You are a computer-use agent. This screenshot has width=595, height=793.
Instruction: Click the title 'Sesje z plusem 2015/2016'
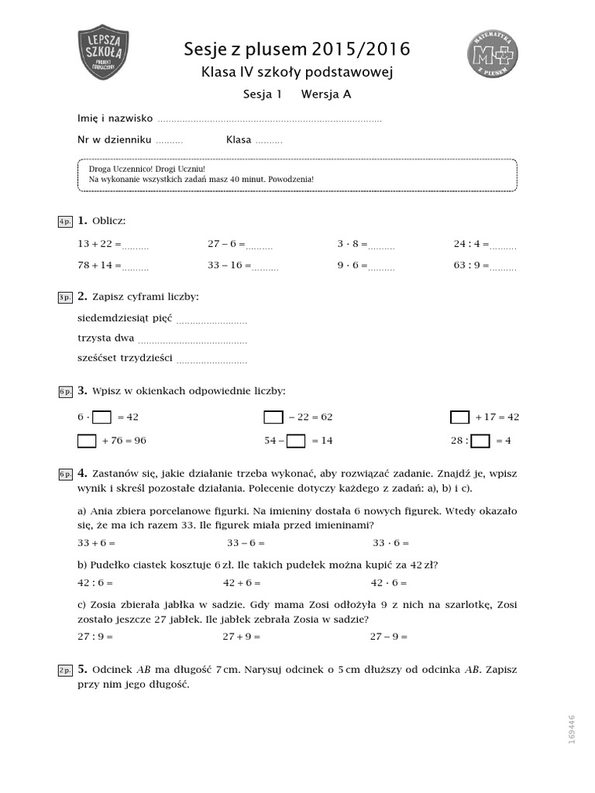pyautogui.click(x=297, y=50)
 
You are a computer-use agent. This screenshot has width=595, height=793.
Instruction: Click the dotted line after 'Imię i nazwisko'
pyautogui.click(x=270, y=119)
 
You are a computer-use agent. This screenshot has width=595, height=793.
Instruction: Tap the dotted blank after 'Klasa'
pyautogui.click(x=269, y=141)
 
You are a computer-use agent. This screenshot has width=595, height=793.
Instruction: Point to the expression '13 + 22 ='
pyautogui.click(x=99, y=244)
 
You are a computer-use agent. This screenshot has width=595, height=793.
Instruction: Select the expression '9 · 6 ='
pyautogui.click(x=352, y=266)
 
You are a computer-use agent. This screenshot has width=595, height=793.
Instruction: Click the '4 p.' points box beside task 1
pyautogui.click(x=64, y=222)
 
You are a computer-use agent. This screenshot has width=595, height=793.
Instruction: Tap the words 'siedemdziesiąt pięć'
pyautogui.click(x=125, y=318)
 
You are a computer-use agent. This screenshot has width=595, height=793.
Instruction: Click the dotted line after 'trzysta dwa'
pyautogui.click(x=192, y=339)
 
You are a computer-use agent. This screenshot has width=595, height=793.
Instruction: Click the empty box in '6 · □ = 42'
pyautogui.click(x=101, y=417)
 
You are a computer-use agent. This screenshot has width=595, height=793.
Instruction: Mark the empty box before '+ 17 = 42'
pyautogui.click(x=459, y=417)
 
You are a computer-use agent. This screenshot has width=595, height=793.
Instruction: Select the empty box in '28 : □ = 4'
pyautogui.click(x=480, y=441)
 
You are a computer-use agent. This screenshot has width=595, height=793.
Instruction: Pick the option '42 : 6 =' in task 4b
pyautogui.click(x=95, y=582)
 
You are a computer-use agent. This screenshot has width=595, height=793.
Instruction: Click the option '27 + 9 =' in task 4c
pyautogui.click(x=242, y=636)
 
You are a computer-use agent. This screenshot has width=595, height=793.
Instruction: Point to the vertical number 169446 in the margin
pyautogui.click(x=572, y=729)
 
